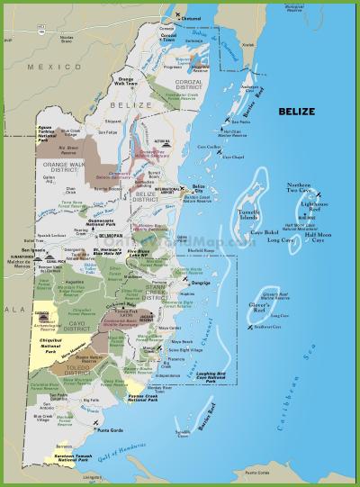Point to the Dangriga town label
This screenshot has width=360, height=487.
(x=202, y=280)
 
